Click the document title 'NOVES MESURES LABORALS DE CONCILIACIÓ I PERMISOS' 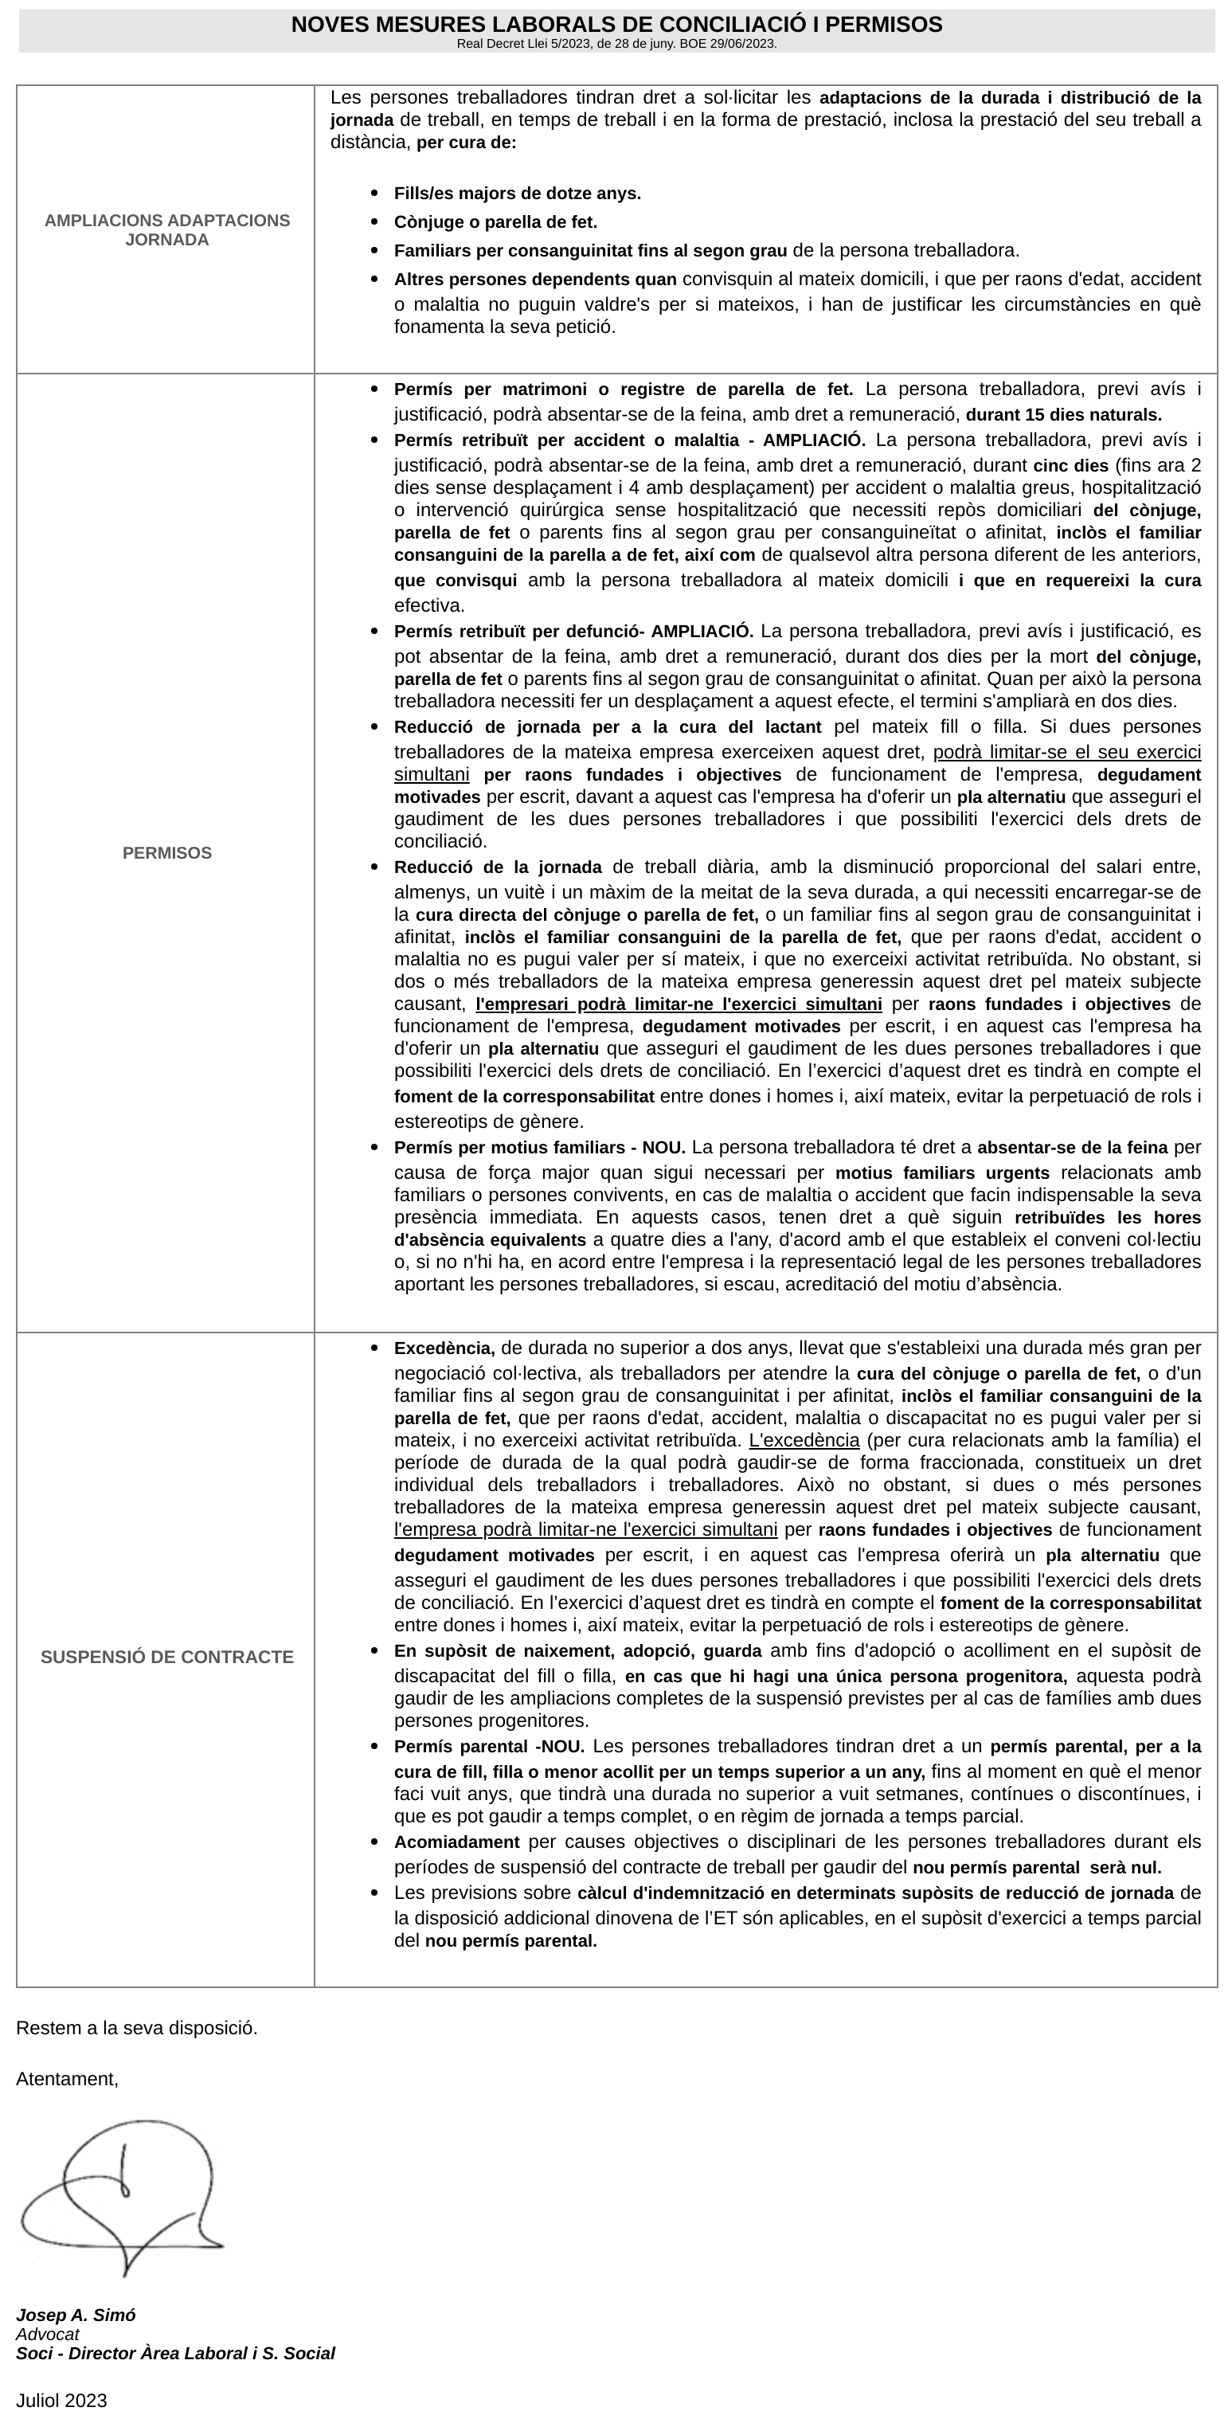616,25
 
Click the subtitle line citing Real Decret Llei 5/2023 616,44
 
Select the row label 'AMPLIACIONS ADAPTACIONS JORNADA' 167,229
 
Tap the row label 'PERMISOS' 167,853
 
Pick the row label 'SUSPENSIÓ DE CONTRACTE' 167,1657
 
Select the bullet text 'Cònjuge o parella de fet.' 495,222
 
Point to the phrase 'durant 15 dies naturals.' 1063,415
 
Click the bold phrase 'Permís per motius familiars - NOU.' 539,1148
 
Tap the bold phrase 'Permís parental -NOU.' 488,1747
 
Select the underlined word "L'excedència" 804,1440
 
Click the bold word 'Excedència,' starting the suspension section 444,1348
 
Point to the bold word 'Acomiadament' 456,1842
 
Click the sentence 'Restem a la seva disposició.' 137,2028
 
